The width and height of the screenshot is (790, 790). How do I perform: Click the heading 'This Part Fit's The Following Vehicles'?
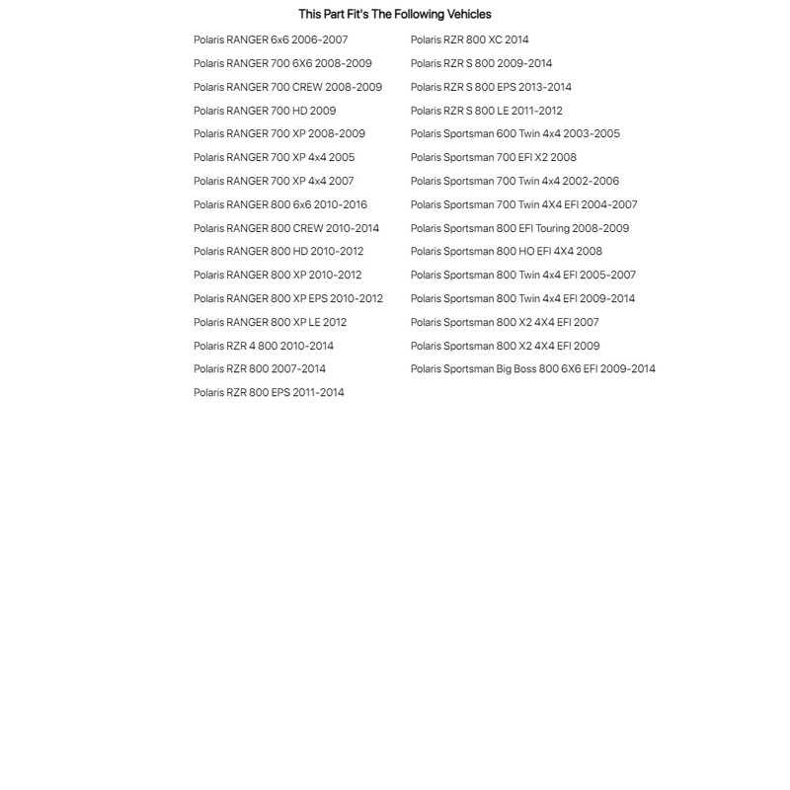pyautogui.click(x=394, y=14)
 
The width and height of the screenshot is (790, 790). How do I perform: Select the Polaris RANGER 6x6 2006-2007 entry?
pyautogui.click(x=271, y=39)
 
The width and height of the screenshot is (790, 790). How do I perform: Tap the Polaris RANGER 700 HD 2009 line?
pyautogui.click(x=265, y=111)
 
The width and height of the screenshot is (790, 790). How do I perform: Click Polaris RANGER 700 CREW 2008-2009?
pyautogui.click(x=287, y=87)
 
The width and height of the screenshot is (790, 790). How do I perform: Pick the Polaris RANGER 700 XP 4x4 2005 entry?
pyautogui.click(x=274, y=157)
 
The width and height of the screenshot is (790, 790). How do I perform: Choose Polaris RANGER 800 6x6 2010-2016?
pyautogui.click(x=279, y=204)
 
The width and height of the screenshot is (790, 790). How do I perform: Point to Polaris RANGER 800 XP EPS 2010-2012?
pyautogui.click(x=288, y=298)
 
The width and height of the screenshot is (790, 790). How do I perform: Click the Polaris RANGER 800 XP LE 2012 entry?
pyautogui.click(x=270, y=322)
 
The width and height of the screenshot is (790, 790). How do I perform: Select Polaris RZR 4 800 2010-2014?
pyautogui.click(x=264, y=346)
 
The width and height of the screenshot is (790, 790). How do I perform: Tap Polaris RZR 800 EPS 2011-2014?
pyautogui.click(x=269, y=392)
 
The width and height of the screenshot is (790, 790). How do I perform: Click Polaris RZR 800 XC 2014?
pyautogui.click(x=469, y=39)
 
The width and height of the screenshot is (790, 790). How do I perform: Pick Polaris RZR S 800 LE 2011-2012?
pyautogui.click(x=486, y=111)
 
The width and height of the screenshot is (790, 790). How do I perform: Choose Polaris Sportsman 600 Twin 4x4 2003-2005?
pyautogui.click(x=515, y=133)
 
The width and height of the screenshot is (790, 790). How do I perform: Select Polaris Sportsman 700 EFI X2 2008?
pyautogui.click(x=494, y=157)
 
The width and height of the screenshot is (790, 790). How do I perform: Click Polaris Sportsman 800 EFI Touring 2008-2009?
pyautogui.click(x=519, y=228)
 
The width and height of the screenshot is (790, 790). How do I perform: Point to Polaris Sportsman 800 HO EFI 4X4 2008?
pyautogui.click(x=507, y=251)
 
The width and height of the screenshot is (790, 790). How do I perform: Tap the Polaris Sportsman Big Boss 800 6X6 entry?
pyautogui.click(x=532, y=368)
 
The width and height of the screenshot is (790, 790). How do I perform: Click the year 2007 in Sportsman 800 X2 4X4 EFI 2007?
pyautogui.click(x=586, y=322)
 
